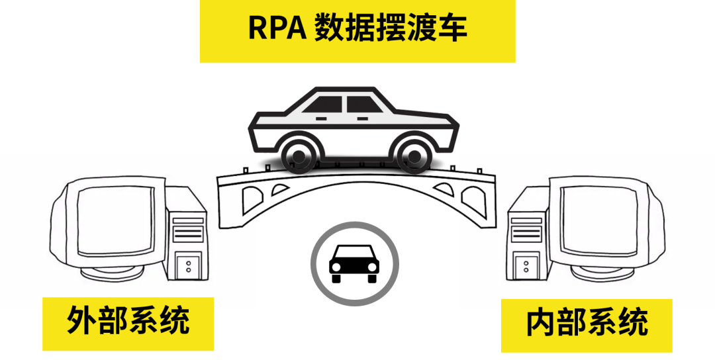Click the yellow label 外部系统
(x=128, y=322)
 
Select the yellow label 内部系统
(x=587, y=323)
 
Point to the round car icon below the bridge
(x=354, y=263)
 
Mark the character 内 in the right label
(x=540, y=323)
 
